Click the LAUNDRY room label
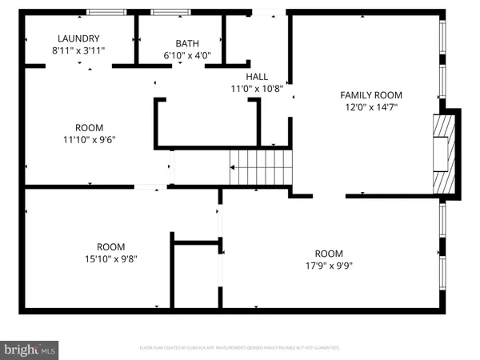[x=78, y=38]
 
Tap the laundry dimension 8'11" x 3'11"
[x=78, y=50]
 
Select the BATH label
[x=186, y=44]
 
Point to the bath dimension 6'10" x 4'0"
[x=186, y=55]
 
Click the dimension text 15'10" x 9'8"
[x=110, y=258]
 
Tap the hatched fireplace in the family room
[x=443, y=154]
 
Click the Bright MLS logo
[x=30, y=349]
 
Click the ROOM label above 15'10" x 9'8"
[x=110, y=246]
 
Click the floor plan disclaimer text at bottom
[x=240, y=349]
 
